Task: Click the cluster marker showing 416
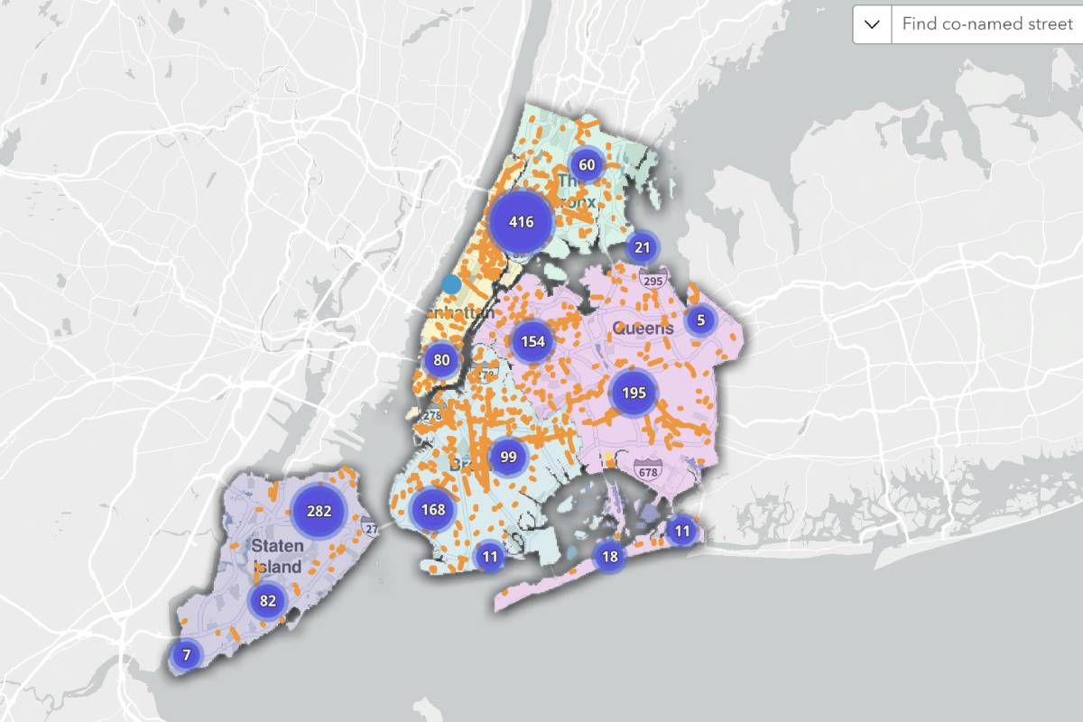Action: [x=522, y=221]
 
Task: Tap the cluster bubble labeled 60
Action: [x=587, y=164]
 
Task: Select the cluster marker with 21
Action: [x=643, y=247]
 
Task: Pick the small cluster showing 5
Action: [x=700, y=319]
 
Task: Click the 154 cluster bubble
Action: [x=532, y=341]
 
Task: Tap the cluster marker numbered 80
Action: [x=441, y=360]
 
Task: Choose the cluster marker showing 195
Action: [x=634, y=393]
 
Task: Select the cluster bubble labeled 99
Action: [x=508, y=457]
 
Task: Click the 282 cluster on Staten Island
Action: [x=319, y=511]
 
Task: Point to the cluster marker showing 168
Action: [x=433, y=510]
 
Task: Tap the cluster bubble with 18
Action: [x=610, y=556]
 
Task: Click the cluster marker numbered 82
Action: [x=267, y=601]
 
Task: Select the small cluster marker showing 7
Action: [x=187, y=654]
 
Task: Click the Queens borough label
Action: [x=643, y=328]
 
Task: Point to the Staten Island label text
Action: [x=277, y=556]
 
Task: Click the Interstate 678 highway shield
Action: [x=647, y=470]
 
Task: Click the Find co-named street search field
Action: [x=986, y=24]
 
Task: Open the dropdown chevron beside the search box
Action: [x=872, y=24]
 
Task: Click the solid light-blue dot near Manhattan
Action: [x=451, y=284]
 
